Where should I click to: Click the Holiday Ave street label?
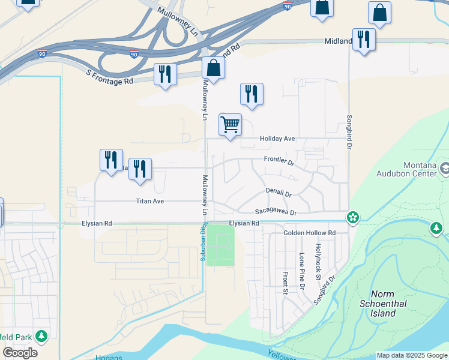click(x=277, y=139)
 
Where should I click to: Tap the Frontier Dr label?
click(x=279, y=162)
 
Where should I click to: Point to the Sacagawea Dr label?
click(x=276, y=212)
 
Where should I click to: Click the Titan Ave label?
click(x=149, y=201)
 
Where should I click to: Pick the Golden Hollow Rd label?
click(x=310, y=233)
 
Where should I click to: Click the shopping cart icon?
click(x=231, y=125)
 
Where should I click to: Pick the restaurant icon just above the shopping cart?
click(x=252, y=94)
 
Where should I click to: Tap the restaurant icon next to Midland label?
click(x=364, y=40)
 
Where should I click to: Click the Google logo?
click(x=20, y=353)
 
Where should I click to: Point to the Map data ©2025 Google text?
click(x=412, y=355)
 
